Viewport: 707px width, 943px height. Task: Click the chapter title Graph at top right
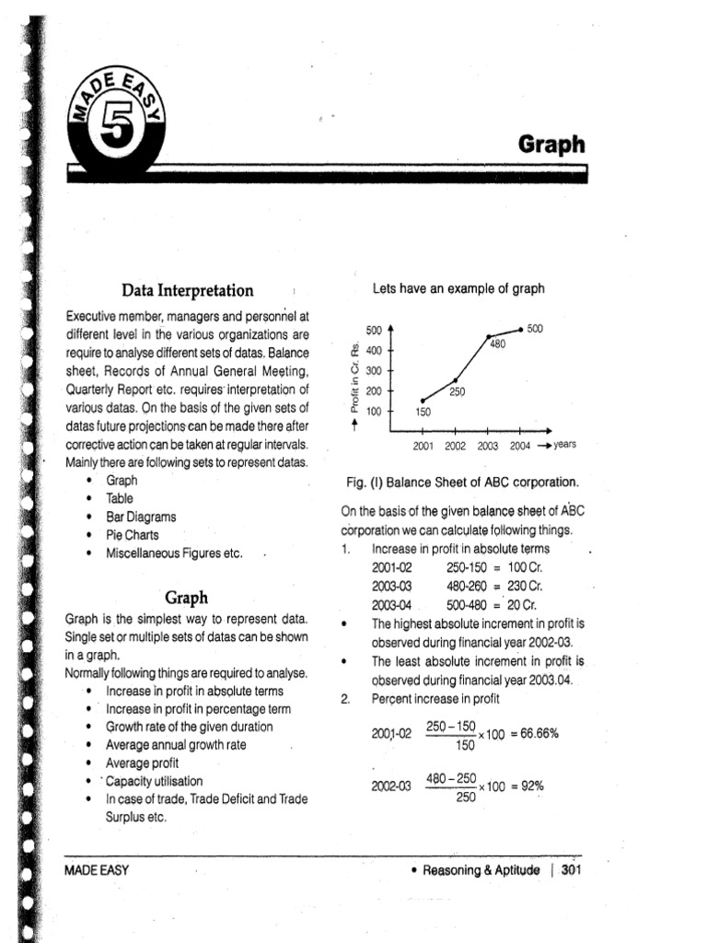coord(551,145)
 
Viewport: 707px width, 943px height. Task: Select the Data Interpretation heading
coord(187,291)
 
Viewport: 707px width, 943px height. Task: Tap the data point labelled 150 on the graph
coord(422,400)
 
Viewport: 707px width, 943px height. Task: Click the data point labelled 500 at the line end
coord(521,329)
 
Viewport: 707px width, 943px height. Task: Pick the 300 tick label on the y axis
coord(374,371)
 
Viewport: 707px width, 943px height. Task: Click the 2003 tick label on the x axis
coord(487,446)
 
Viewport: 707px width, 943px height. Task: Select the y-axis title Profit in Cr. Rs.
coord(354,378)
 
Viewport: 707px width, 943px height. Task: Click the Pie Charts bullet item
coord(132,535)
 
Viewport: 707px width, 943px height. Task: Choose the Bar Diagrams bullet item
coord(141,518)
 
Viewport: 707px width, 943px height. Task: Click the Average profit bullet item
coord(142,763)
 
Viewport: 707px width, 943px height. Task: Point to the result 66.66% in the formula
coord(538,734)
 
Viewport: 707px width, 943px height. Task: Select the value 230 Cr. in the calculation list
coord(522,586)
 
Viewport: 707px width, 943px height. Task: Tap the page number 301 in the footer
coord(572,869)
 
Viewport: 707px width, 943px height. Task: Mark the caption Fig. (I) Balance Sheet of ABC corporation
coord(461,483)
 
